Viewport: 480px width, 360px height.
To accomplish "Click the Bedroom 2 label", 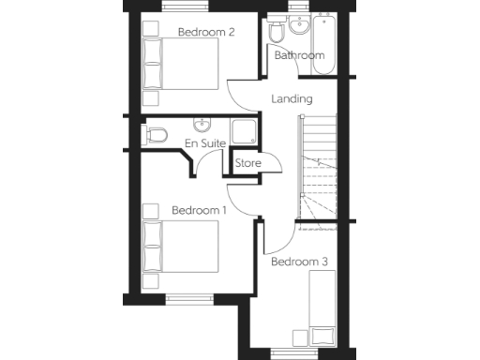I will (206, 32).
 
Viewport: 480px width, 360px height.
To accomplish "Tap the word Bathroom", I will (299, 55).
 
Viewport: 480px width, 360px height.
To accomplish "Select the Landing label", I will (291, 98).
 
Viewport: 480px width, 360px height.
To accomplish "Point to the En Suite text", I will (203, 142).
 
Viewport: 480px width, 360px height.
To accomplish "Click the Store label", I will (248, 163).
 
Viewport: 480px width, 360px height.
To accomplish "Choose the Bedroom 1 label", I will (200, 210).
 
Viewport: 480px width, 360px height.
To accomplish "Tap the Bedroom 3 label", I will (299, 262).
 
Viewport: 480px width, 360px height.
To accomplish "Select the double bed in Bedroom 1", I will (179, 245).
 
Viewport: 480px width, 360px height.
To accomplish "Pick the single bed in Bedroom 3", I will (323, 310).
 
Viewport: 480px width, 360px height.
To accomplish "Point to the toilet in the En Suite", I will (156, 136).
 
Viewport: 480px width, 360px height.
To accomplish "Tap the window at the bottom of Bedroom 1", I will (190, 300).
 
